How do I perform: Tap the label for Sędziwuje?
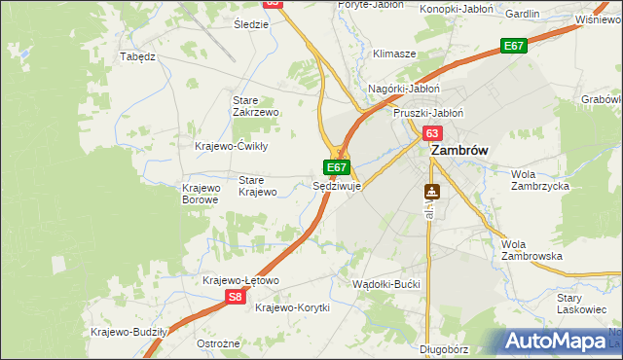(337, 185)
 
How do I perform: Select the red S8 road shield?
(235, 298)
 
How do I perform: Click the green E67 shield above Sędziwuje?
(337, 167)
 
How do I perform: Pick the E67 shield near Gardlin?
(514, 46)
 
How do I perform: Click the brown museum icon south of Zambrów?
(431, 192)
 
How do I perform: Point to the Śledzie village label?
(251, 23)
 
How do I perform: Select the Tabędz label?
(137, 56)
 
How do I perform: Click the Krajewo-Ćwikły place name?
(232, 146)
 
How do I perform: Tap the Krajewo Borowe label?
(202, 194)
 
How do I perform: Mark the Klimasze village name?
(395, 54)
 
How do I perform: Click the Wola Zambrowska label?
(531, 250)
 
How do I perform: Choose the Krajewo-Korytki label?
(292, 307)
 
